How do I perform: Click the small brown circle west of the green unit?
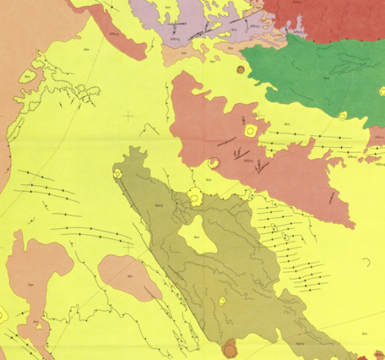241,69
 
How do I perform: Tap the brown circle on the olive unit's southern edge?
230,347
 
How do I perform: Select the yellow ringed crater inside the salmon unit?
251,131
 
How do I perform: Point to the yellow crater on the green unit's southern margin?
340,117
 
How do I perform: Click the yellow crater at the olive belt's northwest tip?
119,173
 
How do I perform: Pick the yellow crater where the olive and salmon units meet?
195,197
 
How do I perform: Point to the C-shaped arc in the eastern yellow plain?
367,264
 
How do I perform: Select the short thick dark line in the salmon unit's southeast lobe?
331,197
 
